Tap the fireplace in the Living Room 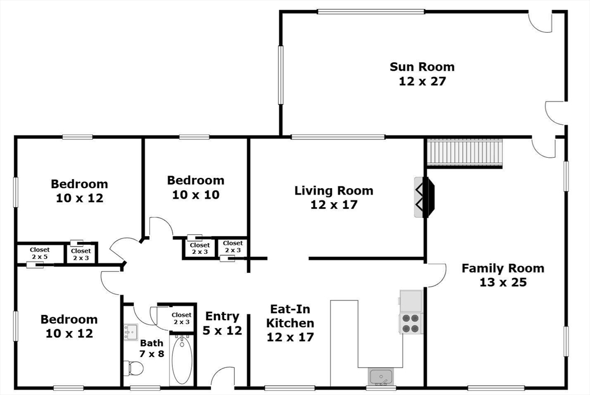(x=424, y=197)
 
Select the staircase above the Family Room (x=465, y=153)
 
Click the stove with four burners (x=410, y=323)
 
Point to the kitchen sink (x=381, y=377)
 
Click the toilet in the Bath (x=133, y=368)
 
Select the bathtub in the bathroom (x=182, y=360)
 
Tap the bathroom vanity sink (x=131, y=333)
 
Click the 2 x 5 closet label (x=40, y=253)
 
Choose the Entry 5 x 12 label (x=222, y=323)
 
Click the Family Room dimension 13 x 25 (x=503, y=282)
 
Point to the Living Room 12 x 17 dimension (x=334, y=204)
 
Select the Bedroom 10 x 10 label (x=196, y=187)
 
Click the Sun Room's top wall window (x=371, y=12)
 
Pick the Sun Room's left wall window (x=281, y=75)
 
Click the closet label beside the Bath (x=181, y=318)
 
